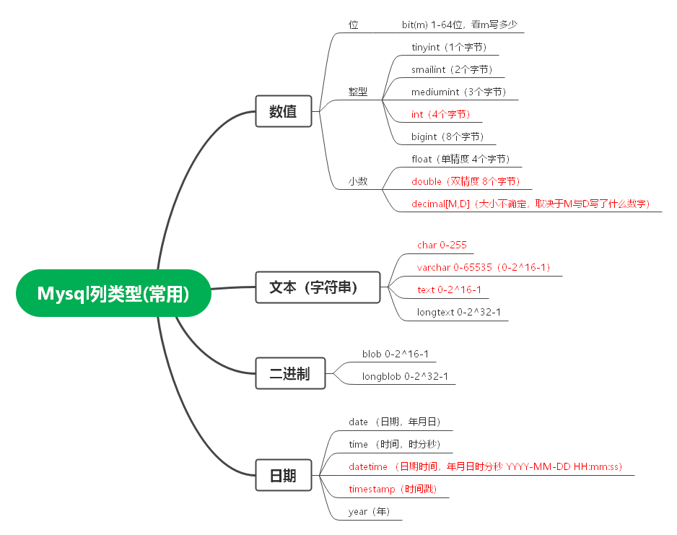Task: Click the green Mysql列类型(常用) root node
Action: point(113,293)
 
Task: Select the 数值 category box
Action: point(283,112)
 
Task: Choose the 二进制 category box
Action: point(289,373)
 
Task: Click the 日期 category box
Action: point(283,476)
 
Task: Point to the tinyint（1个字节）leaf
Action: point(450,48)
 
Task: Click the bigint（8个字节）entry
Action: point(447,136)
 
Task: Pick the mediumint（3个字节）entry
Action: point(459,92)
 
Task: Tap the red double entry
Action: point(466,181)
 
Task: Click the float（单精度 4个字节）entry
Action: point(460,159)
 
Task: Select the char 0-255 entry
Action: point(442,245)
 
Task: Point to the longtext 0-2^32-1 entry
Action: point(458,312)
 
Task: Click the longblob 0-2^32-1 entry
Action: point(405,376)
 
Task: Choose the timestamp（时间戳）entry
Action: point(393,489)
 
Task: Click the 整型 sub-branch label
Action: point(358,92)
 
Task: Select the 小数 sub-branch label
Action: point(358,181)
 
